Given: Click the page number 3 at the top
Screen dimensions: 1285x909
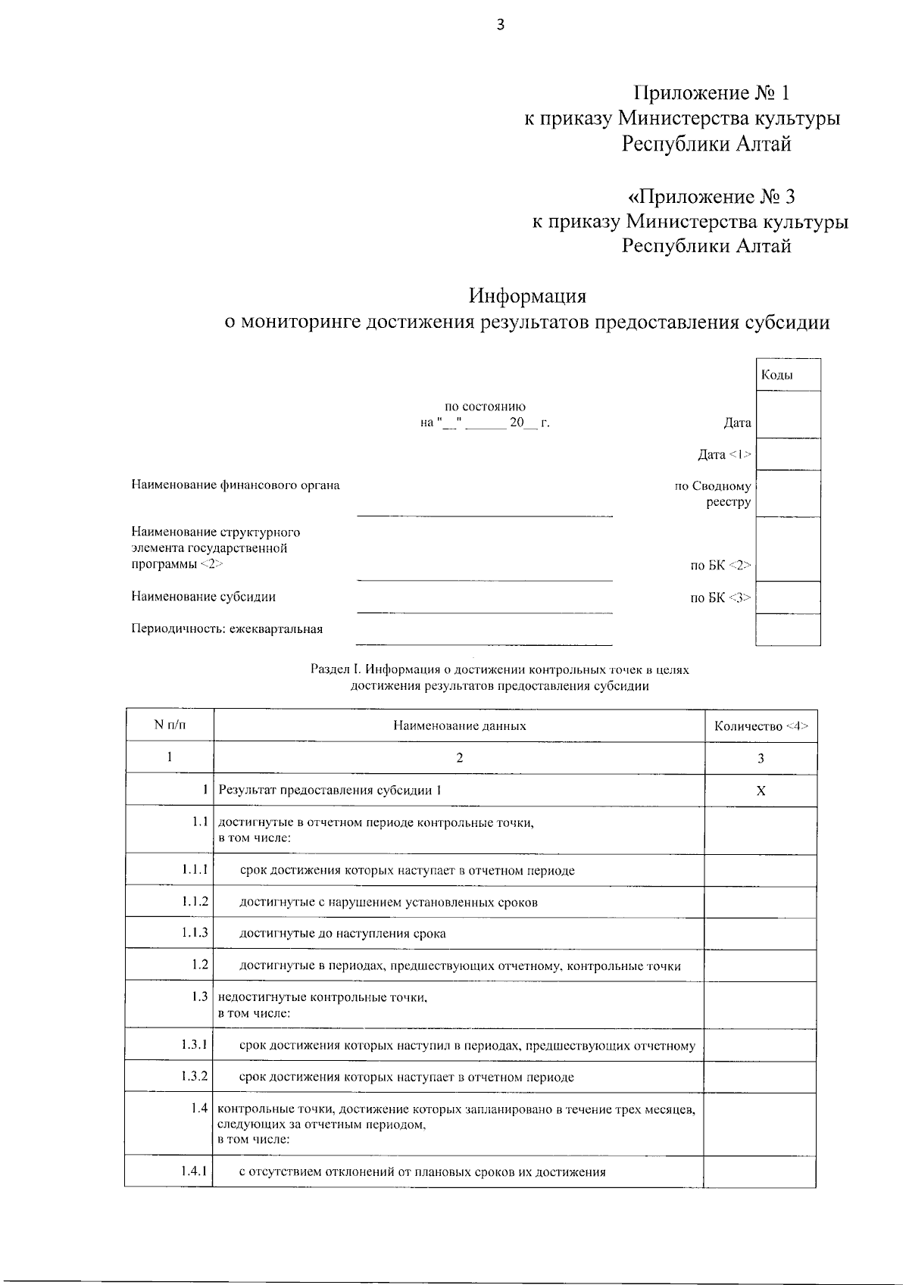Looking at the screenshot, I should click(x=500, y=24).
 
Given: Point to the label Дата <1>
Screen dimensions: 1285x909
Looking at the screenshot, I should click(x=724, y=454).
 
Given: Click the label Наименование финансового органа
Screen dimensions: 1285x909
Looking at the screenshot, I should click(x=236, y=485).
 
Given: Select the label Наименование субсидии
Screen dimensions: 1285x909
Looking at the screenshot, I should click(x=204, y=596).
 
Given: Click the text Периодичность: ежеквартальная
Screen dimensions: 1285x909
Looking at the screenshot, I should click(x=227, y=628).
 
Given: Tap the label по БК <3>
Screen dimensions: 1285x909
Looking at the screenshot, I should click(x=720, y=597).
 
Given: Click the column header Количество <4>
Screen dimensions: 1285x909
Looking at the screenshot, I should click(x=761, y=726).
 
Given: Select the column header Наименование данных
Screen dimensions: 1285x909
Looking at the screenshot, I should click(x=459, y=725).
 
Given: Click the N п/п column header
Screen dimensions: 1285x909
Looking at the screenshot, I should click(x=170, y=725).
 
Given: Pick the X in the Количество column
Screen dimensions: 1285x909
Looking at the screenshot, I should click(x=761, y=791).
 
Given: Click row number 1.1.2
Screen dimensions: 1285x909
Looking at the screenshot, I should click(x=195, y=902).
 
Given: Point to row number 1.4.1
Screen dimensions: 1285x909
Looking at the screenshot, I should click(x=195, y=1170).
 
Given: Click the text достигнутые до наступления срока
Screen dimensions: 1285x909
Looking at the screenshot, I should click(x=342, y=934).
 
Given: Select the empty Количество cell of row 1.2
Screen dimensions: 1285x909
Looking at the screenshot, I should click(x=761, y=965).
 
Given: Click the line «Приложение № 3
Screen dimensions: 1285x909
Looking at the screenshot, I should click(x=712, y=197).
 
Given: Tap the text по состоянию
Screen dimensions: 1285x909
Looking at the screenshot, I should click(x=485, y=407).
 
